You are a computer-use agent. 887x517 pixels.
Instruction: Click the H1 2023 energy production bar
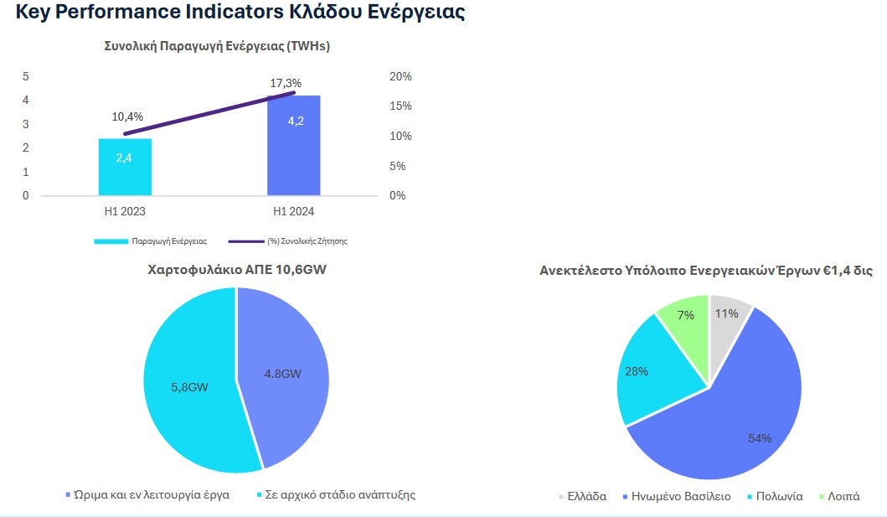click(x=125, y=168)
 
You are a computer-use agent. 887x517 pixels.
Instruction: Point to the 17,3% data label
click(x=286, y=83)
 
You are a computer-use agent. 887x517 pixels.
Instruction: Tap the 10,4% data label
click(x=127, y=116)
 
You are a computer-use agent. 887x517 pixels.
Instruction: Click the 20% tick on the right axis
click(x=401, y=76)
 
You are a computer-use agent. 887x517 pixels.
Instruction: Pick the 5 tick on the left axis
click(x=25, y=76)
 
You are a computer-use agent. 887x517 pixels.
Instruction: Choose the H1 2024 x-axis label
click(x=293, y=212)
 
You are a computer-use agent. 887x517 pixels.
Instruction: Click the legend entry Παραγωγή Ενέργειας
click(x=162, y=240)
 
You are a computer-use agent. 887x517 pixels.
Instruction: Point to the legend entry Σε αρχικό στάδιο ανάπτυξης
click(x=340, y=494)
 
